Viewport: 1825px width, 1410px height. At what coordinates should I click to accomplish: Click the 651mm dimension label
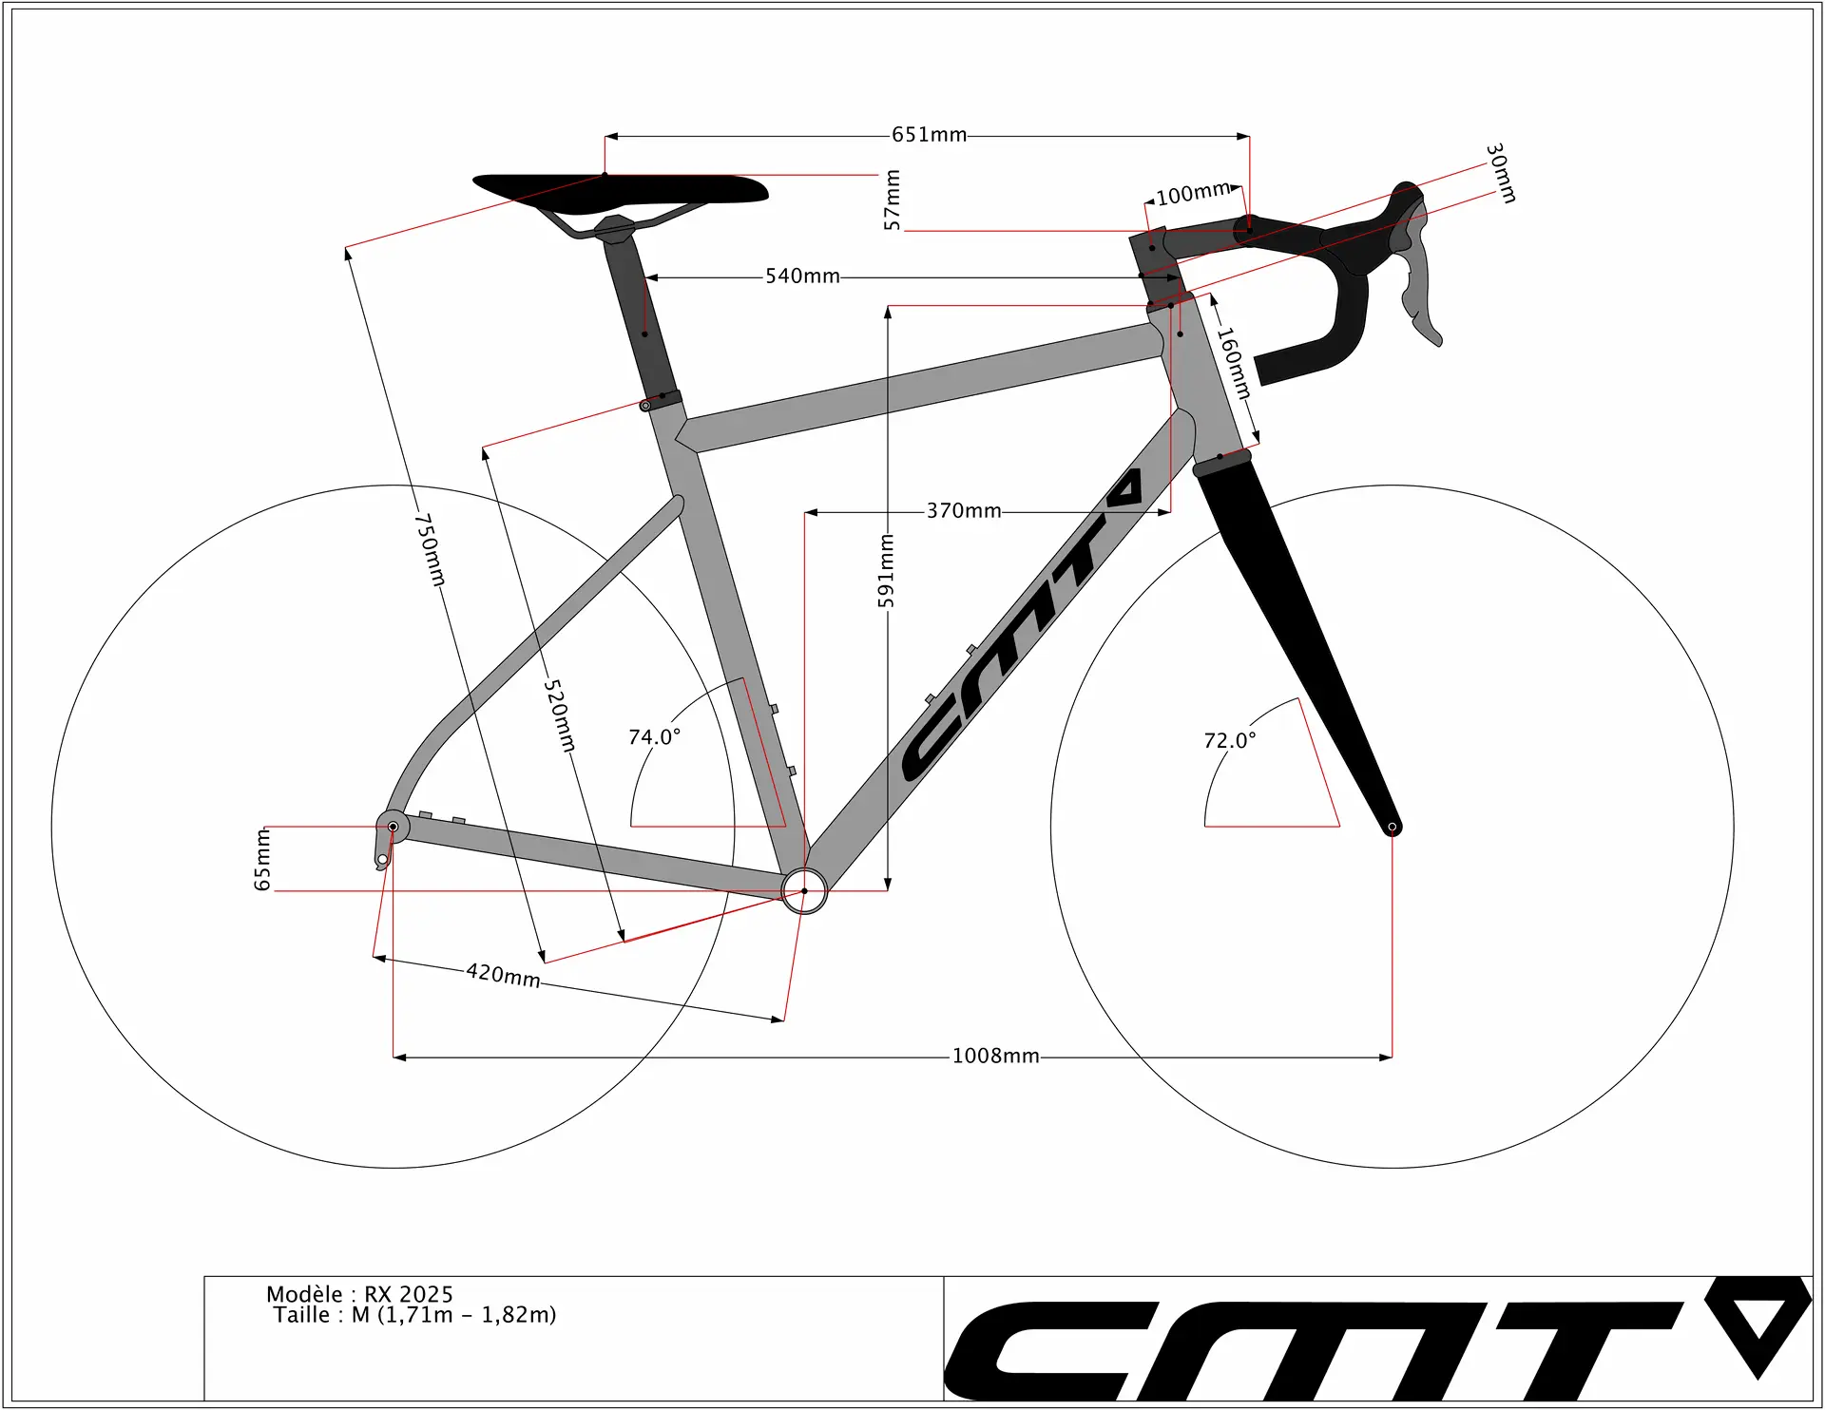point(929,135)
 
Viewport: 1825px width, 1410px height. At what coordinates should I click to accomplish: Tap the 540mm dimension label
point(803,276)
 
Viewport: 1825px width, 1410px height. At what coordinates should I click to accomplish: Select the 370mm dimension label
point(964,511)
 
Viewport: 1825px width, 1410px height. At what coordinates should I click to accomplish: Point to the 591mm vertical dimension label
point(886,570)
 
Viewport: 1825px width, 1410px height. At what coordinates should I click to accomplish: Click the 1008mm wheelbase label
point(996,1056)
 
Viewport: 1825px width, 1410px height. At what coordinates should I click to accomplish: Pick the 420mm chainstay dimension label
point(503,975)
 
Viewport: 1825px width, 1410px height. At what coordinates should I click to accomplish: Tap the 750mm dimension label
point(430,549)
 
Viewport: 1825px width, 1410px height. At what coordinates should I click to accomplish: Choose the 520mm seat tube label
point(560,715)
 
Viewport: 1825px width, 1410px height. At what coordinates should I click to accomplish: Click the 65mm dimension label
point(262,859)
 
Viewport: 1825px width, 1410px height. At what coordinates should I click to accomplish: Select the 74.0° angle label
point(655,736)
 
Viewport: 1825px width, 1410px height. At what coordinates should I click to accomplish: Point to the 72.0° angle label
point(1230,740)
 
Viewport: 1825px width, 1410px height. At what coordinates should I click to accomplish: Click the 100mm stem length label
point(1193,193)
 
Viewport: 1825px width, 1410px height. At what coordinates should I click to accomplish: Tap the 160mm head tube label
point(1235,363)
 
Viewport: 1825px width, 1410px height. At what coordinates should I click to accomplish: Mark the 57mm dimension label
point(892,200)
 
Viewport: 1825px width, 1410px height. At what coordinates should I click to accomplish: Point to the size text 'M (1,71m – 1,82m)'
point(454,1315)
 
